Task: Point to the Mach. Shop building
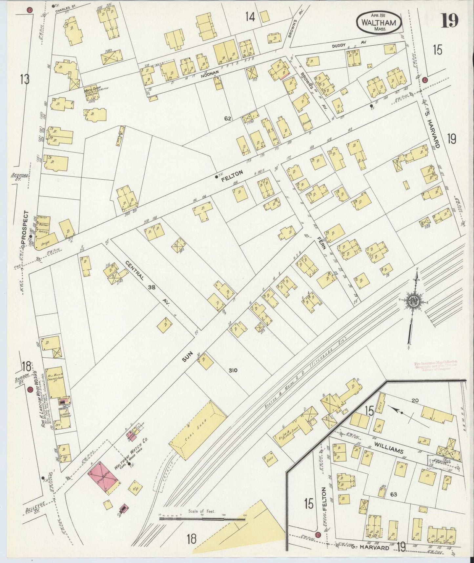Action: tap(93, 92)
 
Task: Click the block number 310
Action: tap(233, 371)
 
